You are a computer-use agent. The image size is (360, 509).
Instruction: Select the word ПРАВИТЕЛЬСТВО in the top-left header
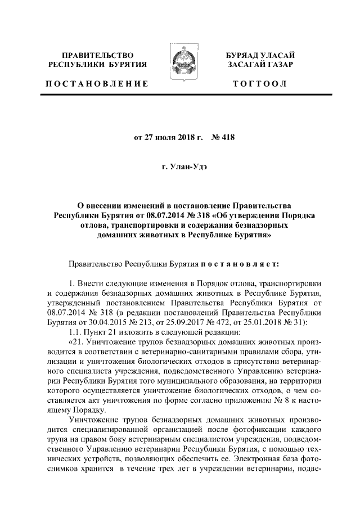tap(97, 55)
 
